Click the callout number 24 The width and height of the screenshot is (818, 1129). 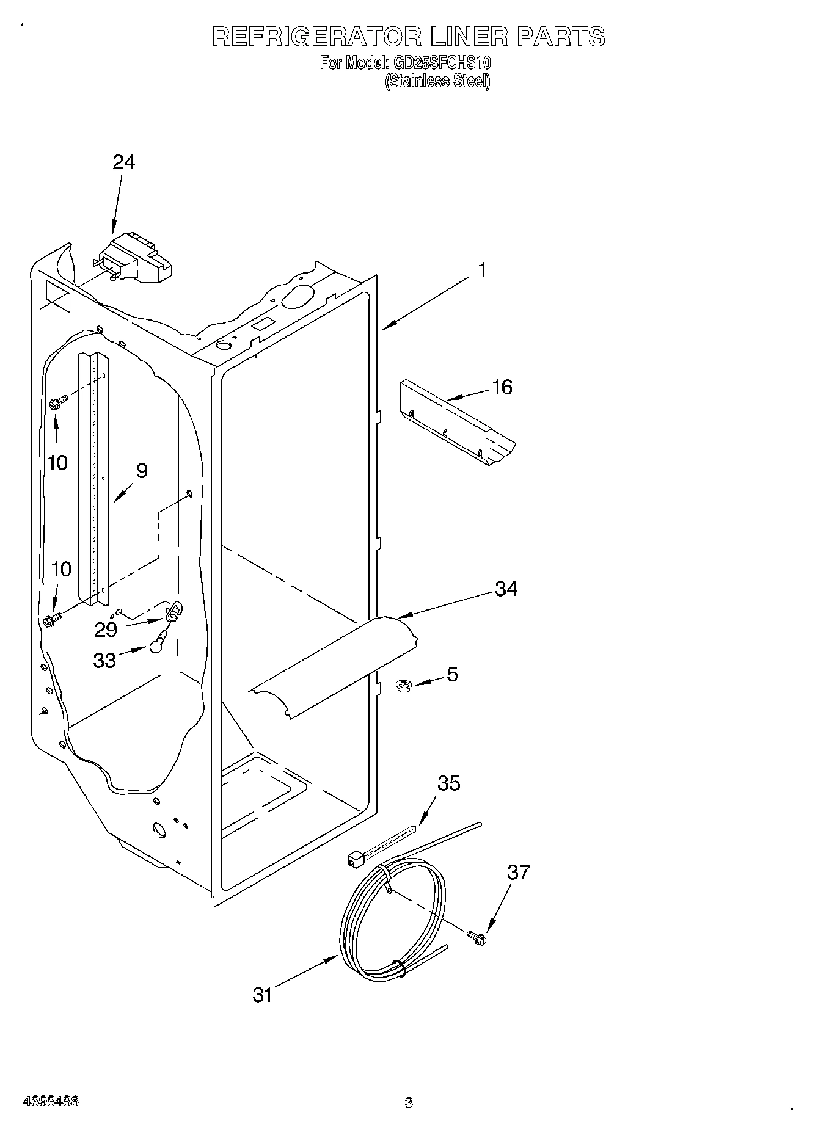124,162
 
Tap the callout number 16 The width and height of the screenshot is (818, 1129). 502,387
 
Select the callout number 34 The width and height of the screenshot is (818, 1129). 506,589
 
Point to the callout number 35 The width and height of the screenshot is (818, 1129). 449,783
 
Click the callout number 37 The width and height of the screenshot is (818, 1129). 518,873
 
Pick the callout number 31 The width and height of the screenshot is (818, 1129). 262,995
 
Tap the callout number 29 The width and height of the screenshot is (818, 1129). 106,630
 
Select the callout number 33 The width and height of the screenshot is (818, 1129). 104,661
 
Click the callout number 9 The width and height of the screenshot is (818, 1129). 142,471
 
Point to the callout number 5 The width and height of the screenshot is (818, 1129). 452,674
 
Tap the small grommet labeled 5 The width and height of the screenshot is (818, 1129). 403,687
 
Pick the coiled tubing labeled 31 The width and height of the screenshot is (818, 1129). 391,916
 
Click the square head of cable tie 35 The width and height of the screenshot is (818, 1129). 354,859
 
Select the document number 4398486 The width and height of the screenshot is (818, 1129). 51,1102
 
